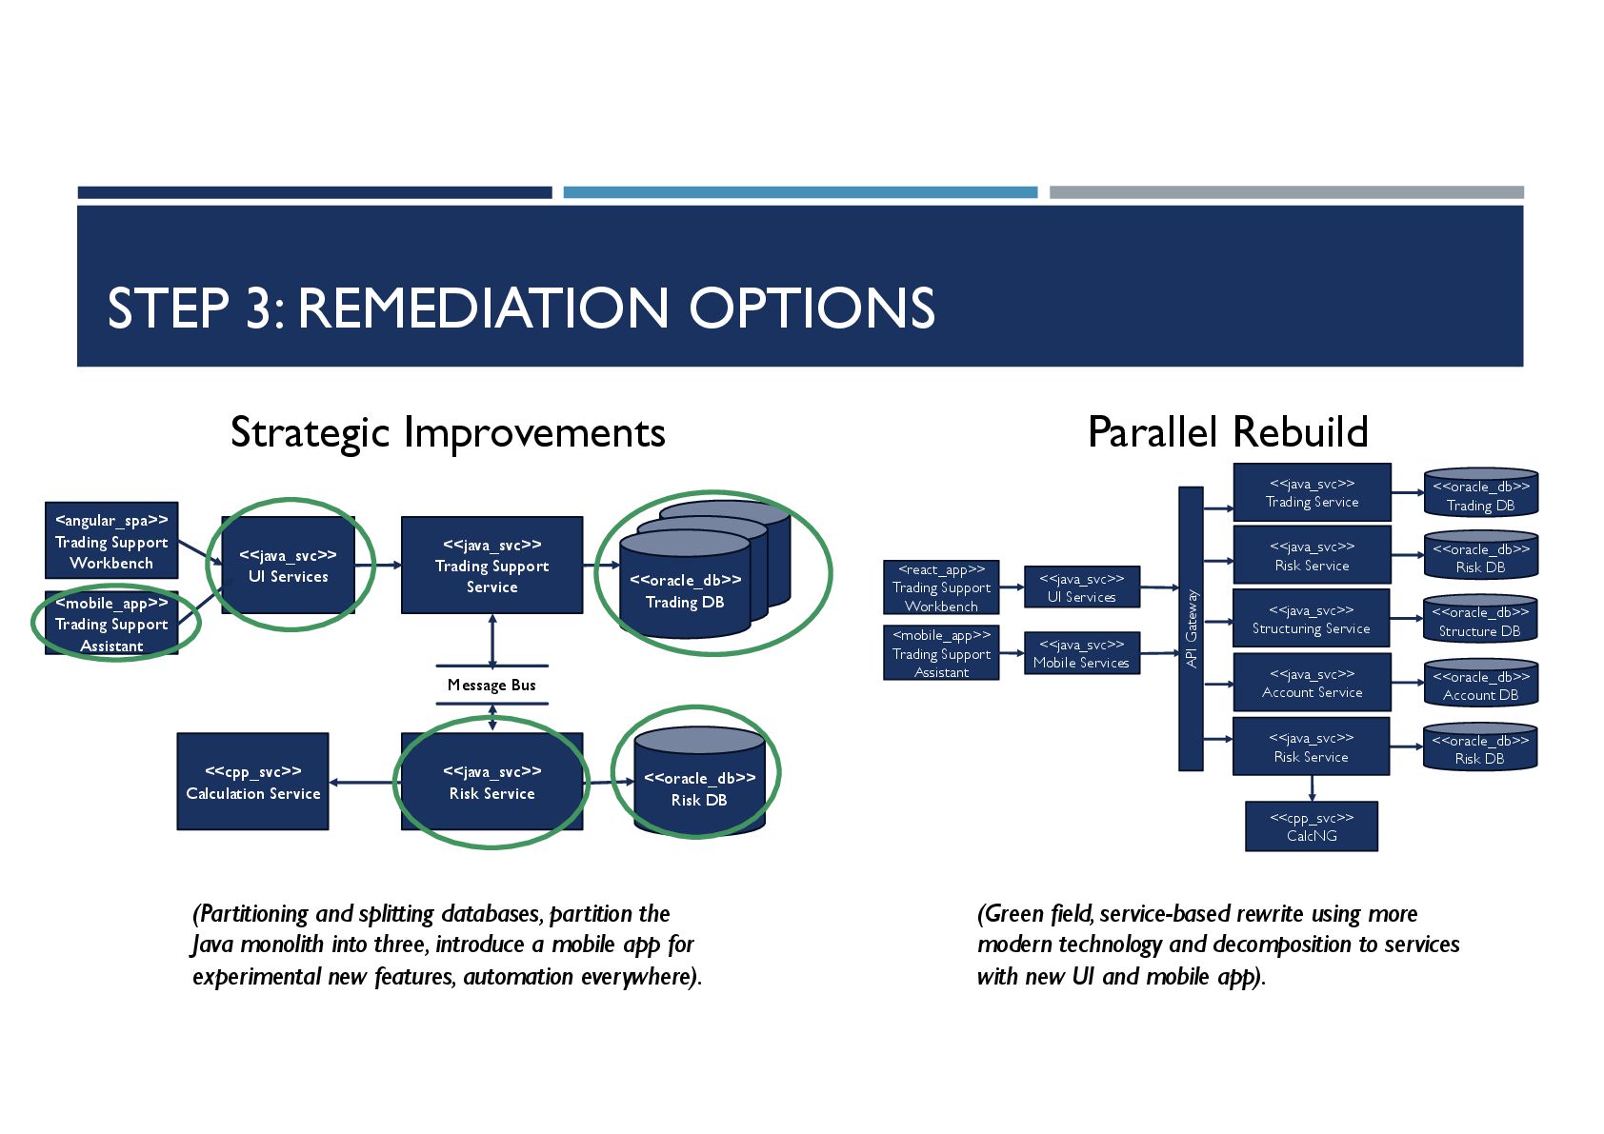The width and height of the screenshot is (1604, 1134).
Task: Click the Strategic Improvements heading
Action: (448, 432)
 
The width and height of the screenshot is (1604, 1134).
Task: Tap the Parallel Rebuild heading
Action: (1228, 432)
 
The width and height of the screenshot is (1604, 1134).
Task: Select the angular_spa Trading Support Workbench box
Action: (111, 541)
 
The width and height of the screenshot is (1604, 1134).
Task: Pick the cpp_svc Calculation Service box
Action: (252, 782)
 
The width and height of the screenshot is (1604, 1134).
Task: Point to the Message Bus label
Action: (491, 685)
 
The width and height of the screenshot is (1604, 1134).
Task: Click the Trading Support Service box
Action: (491, 566)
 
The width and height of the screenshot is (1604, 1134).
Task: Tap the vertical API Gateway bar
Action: (1191, 628)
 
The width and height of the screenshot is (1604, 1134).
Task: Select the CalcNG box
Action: (1312, 826)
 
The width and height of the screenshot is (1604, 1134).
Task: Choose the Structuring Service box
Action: (1312, 619)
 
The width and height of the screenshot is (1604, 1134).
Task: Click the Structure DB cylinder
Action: (1480, 620)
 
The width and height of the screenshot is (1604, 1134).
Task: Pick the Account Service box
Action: (1312, 683)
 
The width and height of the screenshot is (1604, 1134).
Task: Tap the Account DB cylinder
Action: (1480, 684)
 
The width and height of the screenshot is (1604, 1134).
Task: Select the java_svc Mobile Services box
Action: (1081, 653)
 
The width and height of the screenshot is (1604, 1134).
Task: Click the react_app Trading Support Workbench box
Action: (941, 587)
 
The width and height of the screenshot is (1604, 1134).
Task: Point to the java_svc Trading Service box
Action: (1312, 492)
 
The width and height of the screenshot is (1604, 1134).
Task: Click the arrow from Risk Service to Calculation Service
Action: (365, 783)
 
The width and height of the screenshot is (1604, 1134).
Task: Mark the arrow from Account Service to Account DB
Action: (1407, 683)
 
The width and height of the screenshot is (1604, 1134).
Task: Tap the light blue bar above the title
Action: (800, 192)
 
